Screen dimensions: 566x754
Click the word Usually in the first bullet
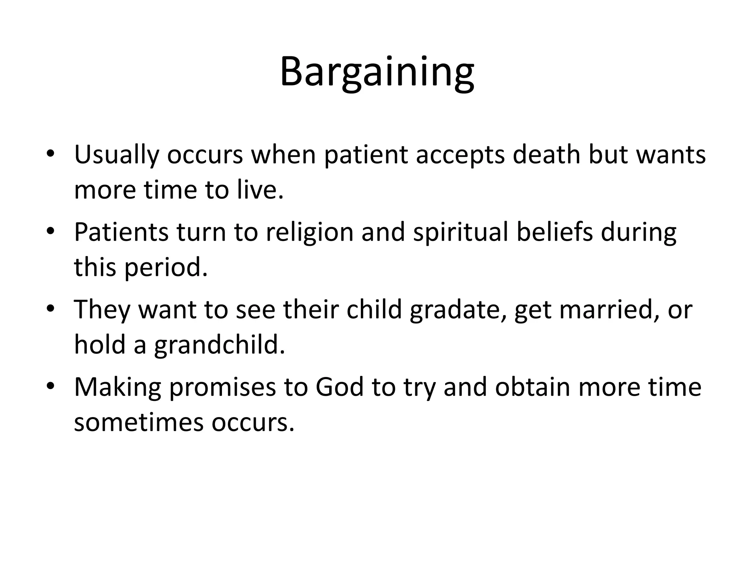click(x=116, y=155)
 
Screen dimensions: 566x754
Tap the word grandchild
click(x=219, y=345)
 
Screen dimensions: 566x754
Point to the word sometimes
click(x=138, y=422)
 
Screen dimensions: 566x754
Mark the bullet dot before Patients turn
click(x=50, y=231)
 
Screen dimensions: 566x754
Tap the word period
click(x=166, y=268)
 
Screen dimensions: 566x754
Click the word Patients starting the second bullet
click(x=121, y=232)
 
